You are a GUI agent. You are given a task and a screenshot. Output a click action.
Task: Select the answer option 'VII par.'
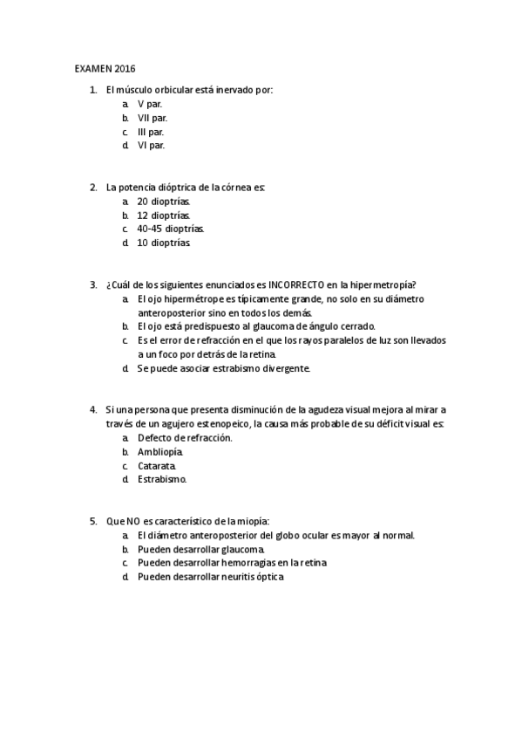(153, 117)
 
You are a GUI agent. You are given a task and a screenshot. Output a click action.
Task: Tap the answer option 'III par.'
(151, 131)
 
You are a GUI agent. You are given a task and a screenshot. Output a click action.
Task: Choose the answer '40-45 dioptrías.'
(171, 229)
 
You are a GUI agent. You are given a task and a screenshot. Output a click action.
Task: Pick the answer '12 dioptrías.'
(164, 215)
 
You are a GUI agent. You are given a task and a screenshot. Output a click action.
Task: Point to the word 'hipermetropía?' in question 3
(383, 284)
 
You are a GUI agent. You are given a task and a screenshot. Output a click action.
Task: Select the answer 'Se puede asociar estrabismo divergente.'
(223, 368)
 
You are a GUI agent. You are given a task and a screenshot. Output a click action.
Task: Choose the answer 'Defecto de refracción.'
(185, 437)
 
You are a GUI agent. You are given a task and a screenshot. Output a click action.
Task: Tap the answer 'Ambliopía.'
(160, 451)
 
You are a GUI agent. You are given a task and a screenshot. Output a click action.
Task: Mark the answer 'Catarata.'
(157, 465)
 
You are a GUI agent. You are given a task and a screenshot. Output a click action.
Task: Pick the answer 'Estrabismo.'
(162, 479)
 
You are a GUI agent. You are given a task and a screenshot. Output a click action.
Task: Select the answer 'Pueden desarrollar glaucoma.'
(201, 549)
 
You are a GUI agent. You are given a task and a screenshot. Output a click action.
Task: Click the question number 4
(92, 409)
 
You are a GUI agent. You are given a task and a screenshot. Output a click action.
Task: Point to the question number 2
(92, 187)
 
